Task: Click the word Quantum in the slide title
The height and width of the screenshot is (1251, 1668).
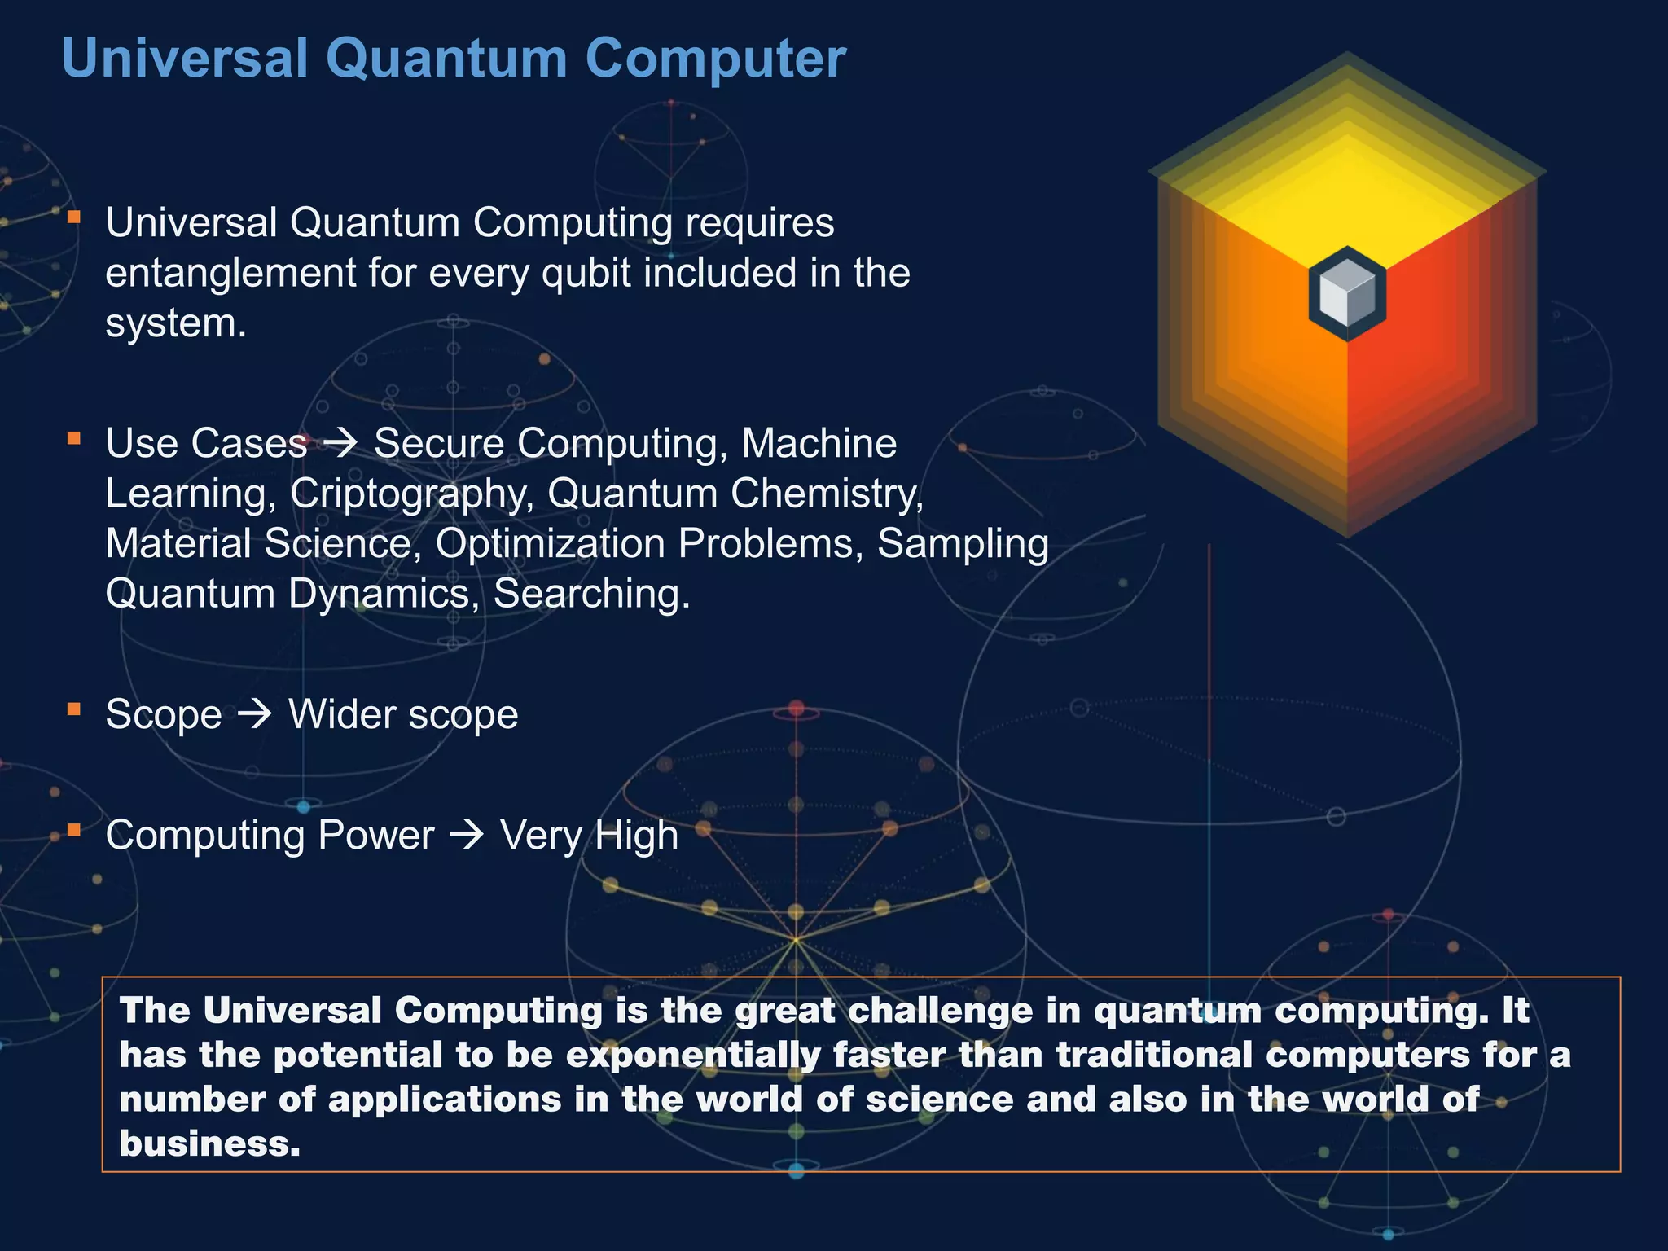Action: (446, 59)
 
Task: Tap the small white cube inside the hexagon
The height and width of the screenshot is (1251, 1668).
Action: (1347, 293)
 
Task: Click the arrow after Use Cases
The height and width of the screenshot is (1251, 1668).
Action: (340, 444)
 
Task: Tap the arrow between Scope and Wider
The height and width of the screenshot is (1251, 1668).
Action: (255, 715)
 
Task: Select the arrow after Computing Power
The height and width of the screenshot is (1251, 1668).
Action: (467, 836)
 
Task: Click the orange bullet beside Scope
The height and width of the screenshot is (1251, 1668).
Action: (74, 709)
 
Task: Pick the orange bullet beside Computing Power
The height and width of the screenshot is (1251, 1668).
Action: (74, 830)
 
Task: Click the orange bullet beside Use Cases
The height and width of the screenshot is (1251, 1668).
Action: (74, 439)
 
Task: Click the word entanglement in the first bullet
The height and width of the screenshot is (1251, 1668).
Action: (230, 273)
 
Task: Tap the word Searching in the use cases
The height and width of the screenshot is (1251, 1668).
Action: (590, 594)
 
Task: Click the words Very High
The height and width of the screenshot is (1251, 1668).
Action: (589, 836)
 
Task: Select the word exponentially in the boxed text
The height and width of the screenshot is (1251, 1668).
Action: (693, 1056)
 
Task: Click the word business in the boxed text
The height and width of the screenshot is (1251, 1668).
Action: (208, 1143)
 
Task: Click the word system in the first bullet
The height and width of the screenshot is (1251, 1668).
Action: (174, 323)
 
